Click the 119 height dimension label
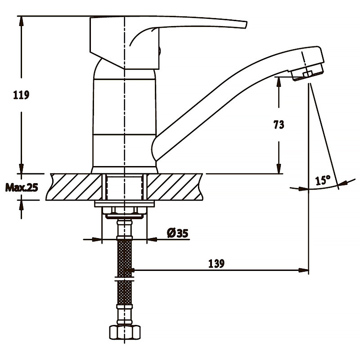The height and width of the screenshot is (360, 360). coord(21,95)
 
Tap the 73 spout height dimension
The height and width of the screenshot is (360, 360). coord(279,125)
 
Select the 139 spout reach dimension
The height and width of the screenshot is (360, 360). coord(216,264)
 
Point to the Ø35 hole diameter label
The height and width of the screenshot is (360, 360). coord(177,233)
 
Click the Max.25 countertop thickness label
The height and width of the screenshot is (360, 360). coord(22,188)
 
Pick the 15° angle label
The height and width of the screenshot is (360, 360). coord(323,180)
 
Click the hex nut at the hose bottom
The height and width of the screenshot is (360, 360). coord(125,333)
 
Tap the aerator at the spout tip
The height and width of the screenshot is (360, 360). coord(308,72)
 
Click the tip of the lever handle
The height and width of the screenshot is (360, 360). coord(246,25)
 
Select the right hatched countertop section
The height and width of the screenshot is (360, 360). coord(175,187)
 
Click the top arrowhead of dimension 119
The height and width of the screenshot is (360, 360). coord(21,21)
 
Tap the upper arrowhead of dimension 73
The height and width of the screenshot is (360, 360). coord(279,82)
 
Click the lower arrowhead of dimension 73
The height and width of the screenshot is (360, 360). coord(279,169)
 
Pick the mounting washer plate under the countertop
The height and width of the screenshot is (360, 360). coord(124,204)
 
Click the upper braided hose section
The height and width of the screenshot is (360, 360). coord(125,258)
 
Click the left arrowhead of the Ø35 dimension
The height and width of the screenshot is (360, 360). coord(97,239)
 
